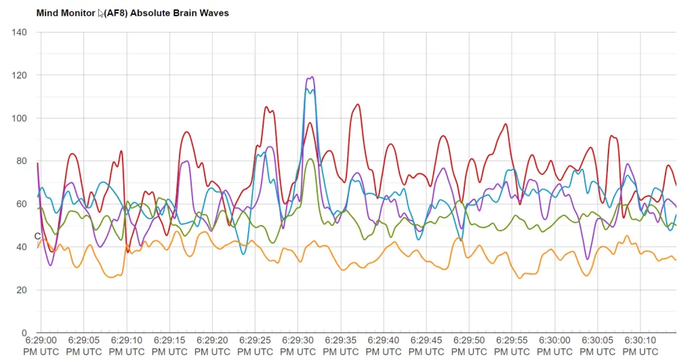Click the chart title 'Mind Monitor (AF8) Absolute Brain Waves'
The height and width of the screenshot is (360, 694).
(x=132, y=13)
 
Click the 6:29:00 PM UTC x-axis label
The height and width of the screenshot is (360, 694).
(x=41, y=345)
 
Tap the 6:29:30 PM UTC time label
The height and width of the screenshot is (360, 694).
(x=298, y=345)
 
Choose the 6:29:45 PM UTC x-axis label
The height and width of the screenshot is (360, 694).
(x=426, y=345)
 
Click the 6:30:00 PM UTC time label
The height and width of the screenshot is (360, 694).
(x=554, y=345)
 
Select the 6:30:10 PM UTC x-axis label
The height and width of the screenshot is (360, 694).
(x=640, y=345)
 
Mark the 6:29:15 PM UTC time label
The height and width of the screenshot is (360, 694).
(x=169, y=345)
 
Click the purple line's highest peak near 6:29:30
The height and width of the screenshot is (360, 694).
(x=311, y=77)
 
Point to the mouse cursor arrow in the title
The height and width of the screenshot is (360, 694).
(x=101, y=13)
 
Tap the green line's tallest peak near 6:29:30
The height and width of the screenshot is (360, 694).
(x=310, y=159)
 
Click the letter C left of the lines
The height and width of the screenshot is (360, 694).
(x=38, y=236)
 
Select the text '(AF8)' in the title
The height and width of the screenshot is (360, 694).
(x=115, y=13)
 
